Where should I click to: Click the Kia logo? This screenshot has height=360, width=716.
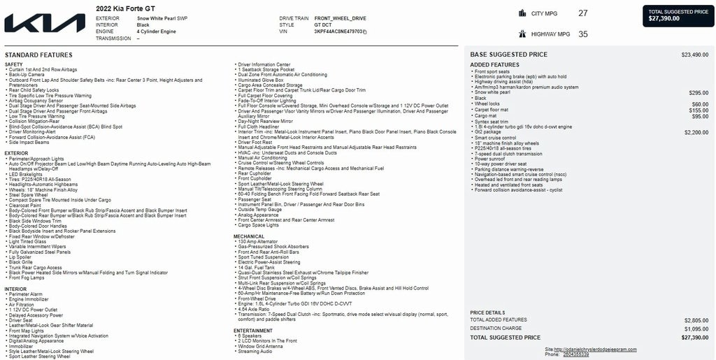(45, 23)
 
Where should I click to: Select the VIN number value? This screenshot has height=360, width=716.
(338, 31)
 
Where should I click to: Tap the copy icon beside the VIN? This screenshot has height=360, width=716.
(365, 32)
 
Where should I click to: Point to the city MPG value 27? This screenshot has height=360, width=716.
(583, 13)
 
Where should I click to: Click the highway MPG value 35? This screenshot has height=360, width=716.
(583, 34)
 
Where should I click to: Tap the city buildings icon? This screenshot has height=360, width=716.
(522, 13)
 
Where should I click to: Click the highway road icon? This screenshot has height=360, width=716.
(522, 34)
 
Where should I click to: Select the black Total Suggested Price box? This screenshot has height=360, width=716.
(678, 15)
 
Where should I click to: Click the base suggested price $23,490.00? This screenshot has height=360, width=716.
(694, 55)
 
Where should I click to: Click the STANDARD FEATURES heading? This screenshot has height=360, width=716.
(38, 55)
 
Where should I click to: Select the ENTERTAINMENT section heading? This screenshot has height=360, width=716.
(253, 331)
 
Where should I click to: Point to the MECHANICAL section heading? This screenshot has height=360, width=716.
(249, 236)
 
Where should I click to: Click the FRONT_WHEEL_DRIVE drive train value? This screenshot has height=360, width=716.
(341, 18)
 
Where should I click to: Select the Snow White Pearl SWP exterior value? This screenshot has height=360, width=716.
(162, 18)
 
